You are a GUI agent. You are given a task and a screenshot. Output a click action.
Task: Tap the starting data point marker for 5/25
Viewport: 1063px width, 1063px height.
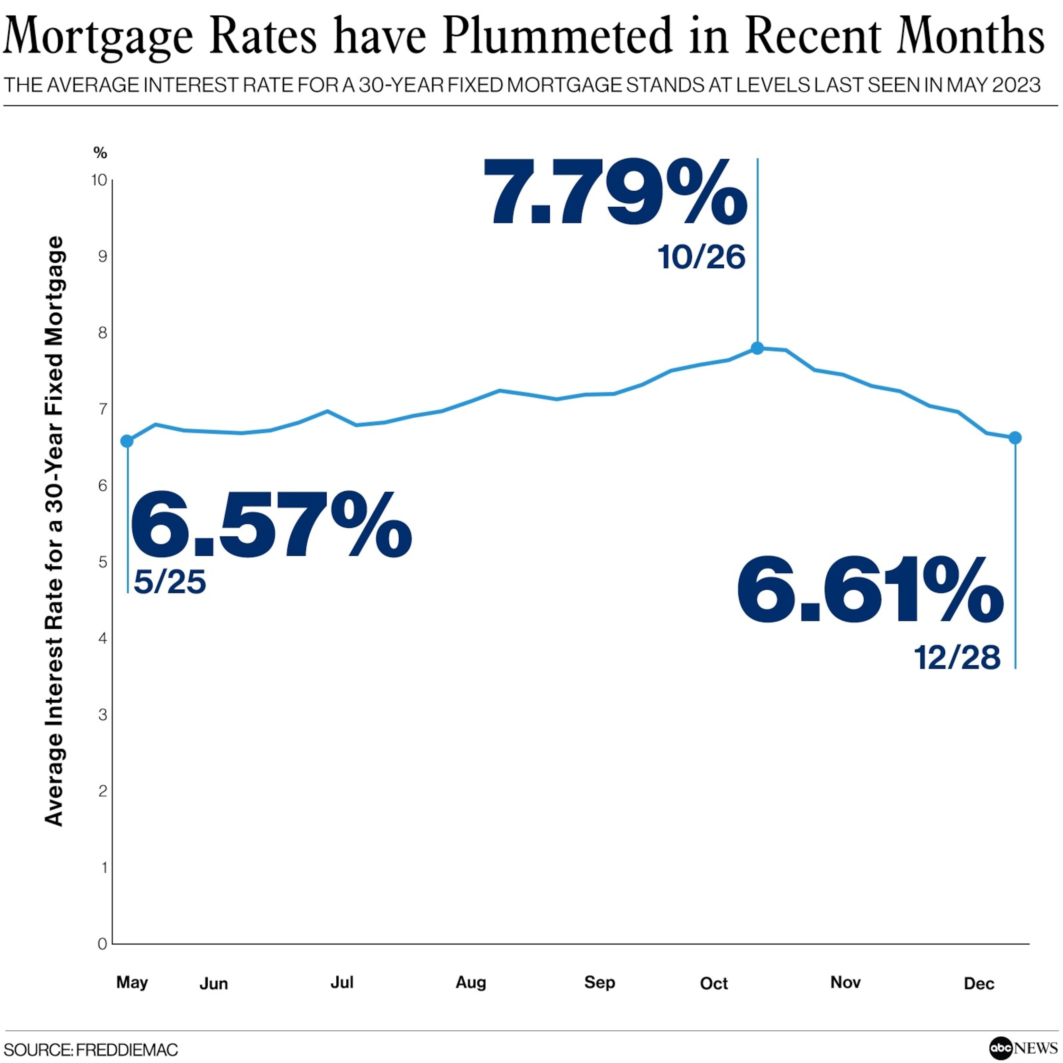[x=127, y=441]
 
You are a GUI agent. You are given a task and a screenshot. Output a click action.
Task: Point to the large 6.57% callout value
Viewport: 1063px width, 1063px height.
[x=271, y=526]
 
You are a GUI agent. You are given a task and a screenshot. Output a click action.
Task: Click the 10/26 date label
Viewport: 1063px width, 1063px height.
[x=701, y=257]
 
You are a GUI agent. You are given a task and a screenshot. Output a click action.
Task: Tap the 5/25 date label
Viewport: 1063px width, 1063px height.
[x=170, y=582]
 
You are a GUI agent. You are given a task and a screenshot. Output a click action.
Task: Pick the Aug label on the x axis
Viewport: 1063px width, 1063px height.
[x=471, y=983]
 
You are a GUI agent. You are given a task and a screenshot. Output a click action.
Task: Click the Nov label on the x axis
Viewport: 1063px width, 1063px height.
[x=845, y=983]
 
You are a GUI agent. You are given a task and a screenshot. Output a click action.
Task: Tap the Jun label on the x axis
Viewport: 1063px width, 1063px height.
[x=213, y=984]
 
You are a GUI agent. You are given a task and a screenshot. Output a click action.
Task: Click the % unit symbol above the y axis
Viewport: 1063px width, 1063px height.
[x=100, y=153]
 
